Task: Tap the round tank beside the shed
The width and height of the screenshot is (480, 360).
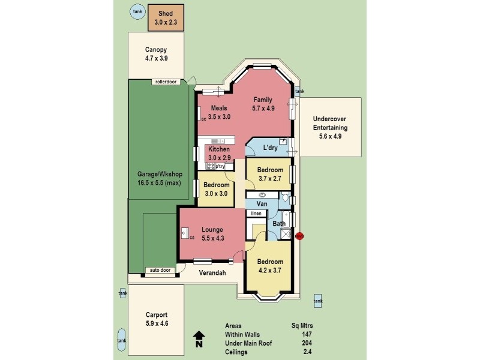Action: pos(138,11)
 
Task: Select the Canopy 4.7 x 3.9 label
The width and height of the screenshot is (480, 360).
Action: pos(156,55)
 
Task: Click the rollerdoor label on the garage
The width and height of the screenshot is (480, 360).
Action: pos(165,82)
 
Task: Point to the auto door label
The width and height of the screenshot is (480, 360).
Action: pos(160,270)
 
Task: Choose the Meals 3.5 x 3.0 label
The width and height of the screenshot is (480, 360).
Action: pos(219,113)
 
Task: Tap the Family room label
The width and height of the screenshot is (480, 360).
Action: pos(263,104)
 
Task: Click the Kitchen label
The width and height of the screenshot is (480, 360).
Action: pos(219,153)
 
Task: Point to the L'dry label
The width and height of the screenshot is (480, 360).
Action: pos(270,147)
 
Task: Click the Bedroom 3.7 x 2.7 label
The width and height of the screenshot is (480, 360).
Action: pos(271,174)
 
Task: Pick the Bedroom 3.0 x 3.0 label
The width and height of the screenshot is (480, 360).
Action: pos(215,190)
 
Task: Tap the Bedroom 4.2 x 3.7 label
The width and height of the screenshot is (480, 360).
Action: pos(270,266)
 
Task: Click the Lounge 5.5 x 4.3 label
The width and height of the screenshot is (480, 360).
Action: pos(212,233)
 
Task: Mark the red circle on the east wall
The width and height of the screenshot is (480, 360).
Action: pos(300,236)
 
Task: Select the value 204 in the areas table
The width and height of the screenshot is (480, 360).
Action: pos(308,343)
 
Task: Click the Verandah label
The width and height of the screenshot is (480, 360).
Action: pos(212,273)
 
